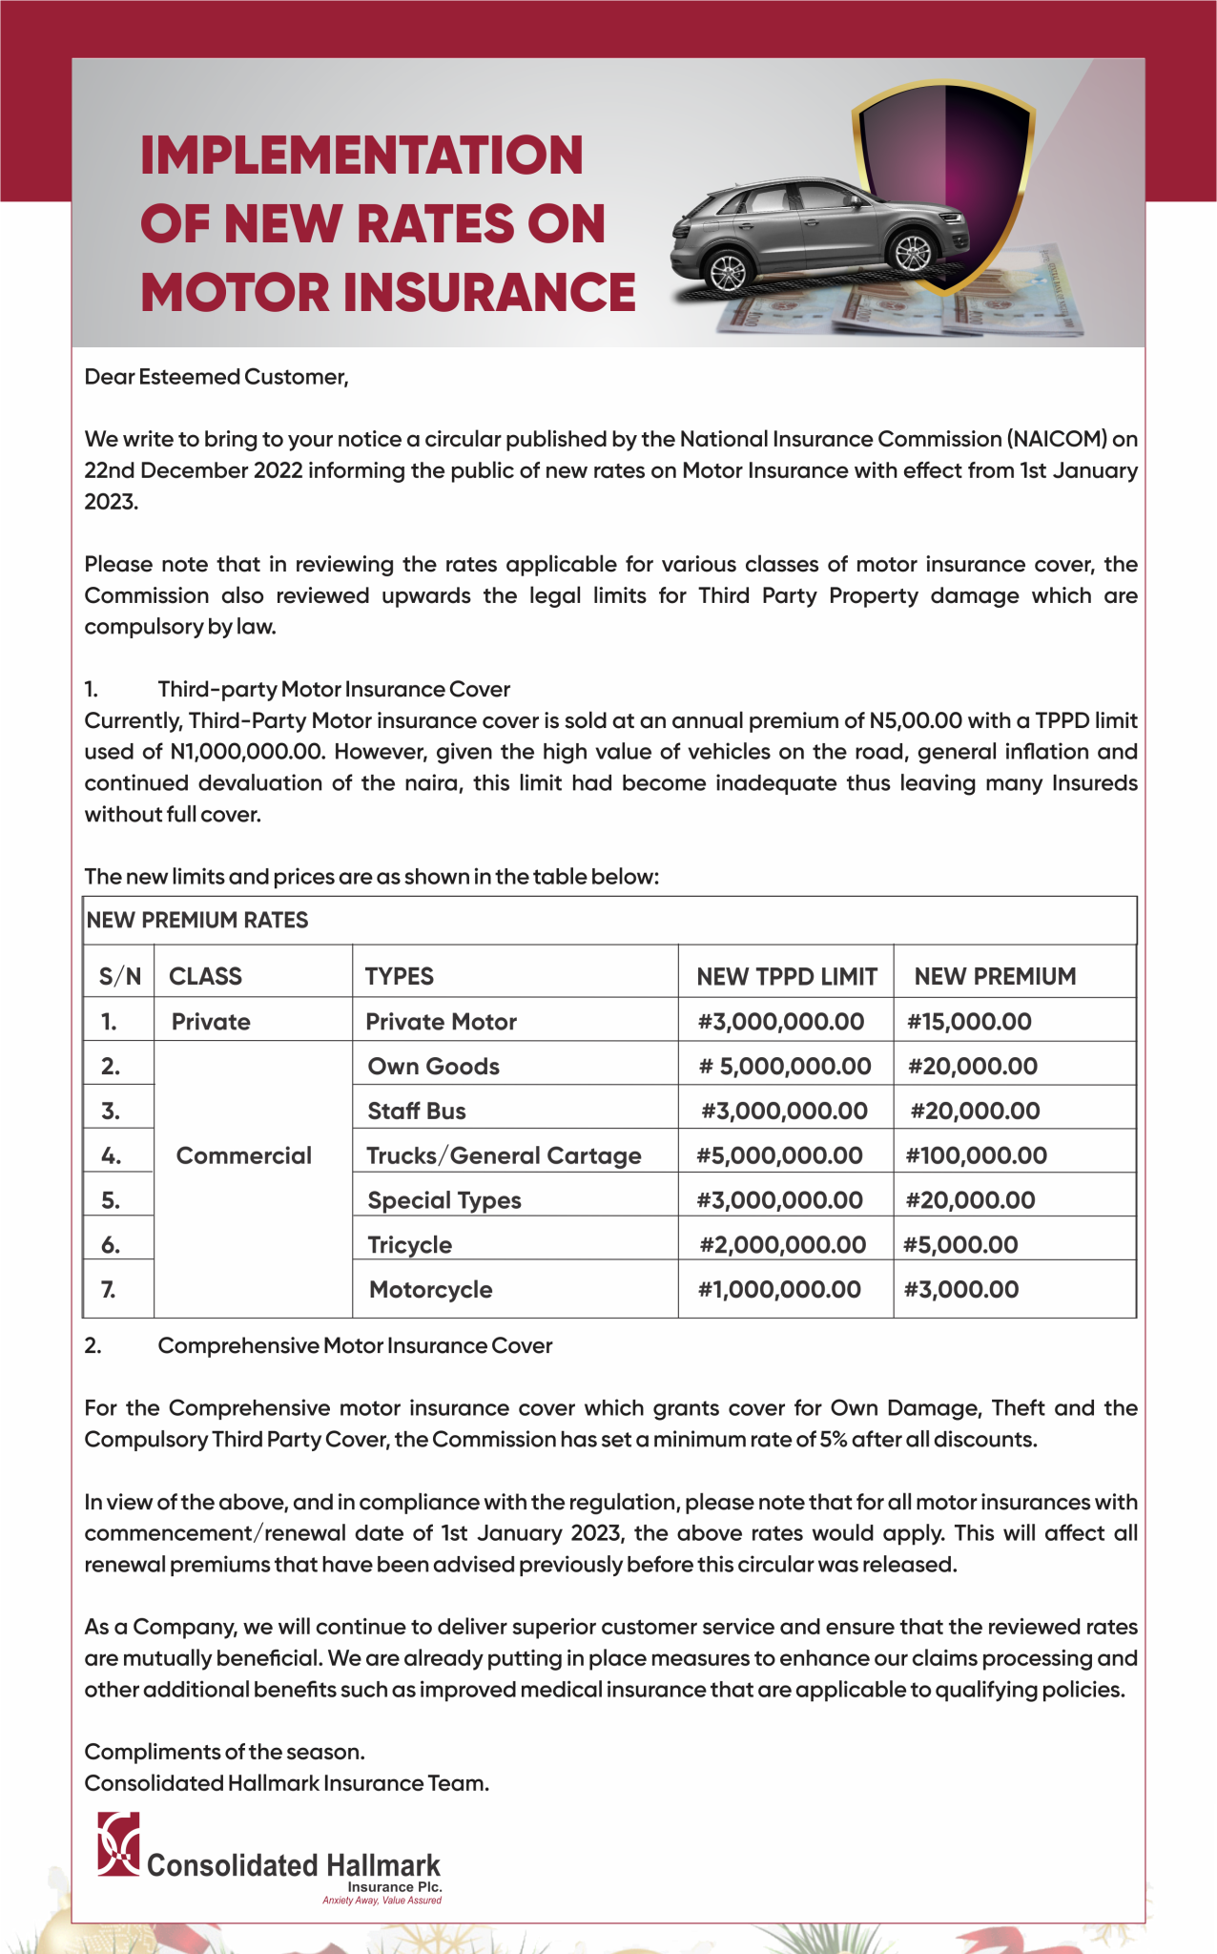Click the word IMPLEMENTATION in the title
click(361, 156)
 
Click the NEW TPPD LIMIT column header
click(786, 976)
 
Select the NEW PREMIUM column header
click(995, 976)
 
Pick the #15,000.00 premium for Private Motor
click(969, 1022)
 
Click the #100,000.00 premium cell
click(976, 1155)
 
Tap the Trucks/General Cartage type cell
click(504, 1155)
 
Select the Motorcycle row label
click(430, 1290)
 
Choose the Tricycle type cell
click(410, 1245)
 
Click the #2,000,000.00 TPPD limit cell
click(783, 1245)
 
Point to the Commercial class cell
click(244, 1155)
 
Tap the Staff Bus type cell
click(417, 1112)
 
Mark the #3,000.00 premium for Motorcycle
click(961, 1290)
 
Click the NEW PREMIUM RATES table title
click(197, 921)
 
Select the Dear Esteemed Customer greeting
click(217, 377)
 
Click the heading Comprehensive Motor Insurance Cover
click(355, 1345)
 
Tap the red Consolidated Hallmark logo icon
click(119, 1843)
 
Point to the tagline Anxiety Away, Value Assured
click(382, 1901)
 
